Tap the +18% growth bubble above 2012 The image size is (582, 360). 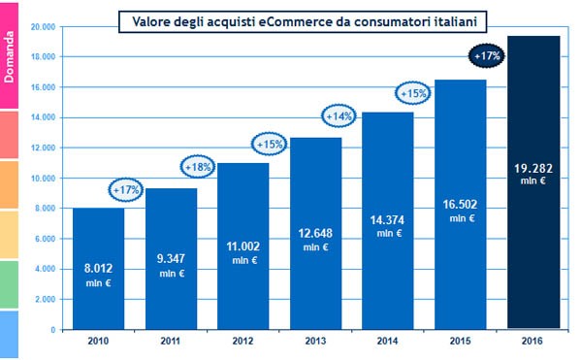point(200,167)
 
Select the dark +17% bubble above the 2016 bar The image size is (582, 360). point(486,56)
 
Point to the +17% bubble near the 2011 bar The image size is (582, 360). point(126,190)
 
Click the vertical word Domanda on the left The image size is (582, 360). point(9,54)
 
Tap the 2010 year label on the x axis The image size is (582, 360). point(98,343)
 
